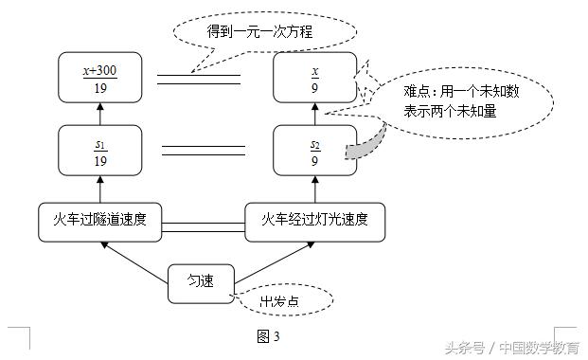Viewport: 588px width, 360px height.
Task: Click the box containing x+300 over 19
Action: pyautogui.click(x=100, y=77)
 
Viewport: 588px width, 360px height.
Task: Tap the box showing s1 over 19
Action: pyautogui.click(x=100, y=150)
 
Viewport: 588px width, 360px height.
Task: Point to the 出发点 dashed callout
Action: pyautogui.click(x=285, y=302)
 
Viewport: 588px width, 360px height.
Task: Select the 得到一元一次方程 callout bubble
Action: pyautogui.click(x=266, y=33)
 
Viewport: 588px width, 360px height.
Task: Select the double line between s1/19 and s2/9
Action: pyautogui.click(x=204, y=150)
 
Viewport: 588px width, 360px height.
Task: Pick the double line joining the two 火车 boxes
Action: pyautogui.click(x=204, y=224)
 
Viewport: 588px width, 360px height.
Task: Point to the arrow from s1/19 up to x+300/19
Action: pyautogui.click(x=100, y=113)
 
